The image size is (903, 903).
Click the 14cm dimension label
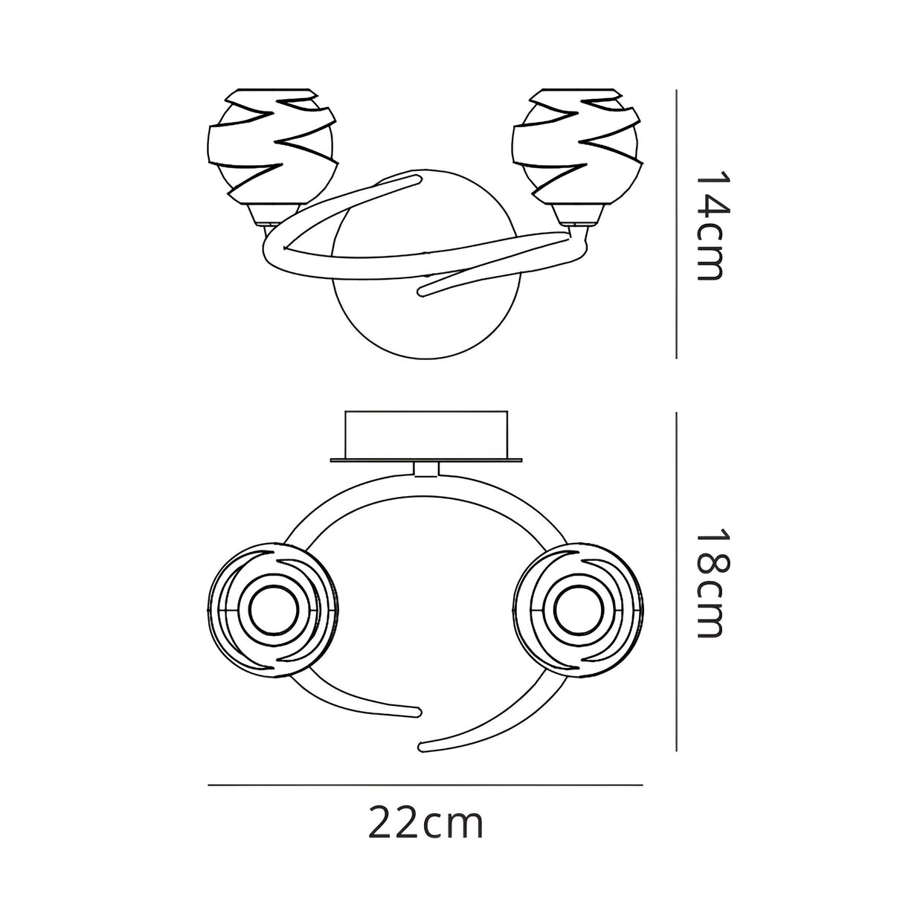click(x=713, y=225)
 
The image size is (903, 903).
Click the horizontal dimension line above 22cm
click(x=425, y=785)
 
